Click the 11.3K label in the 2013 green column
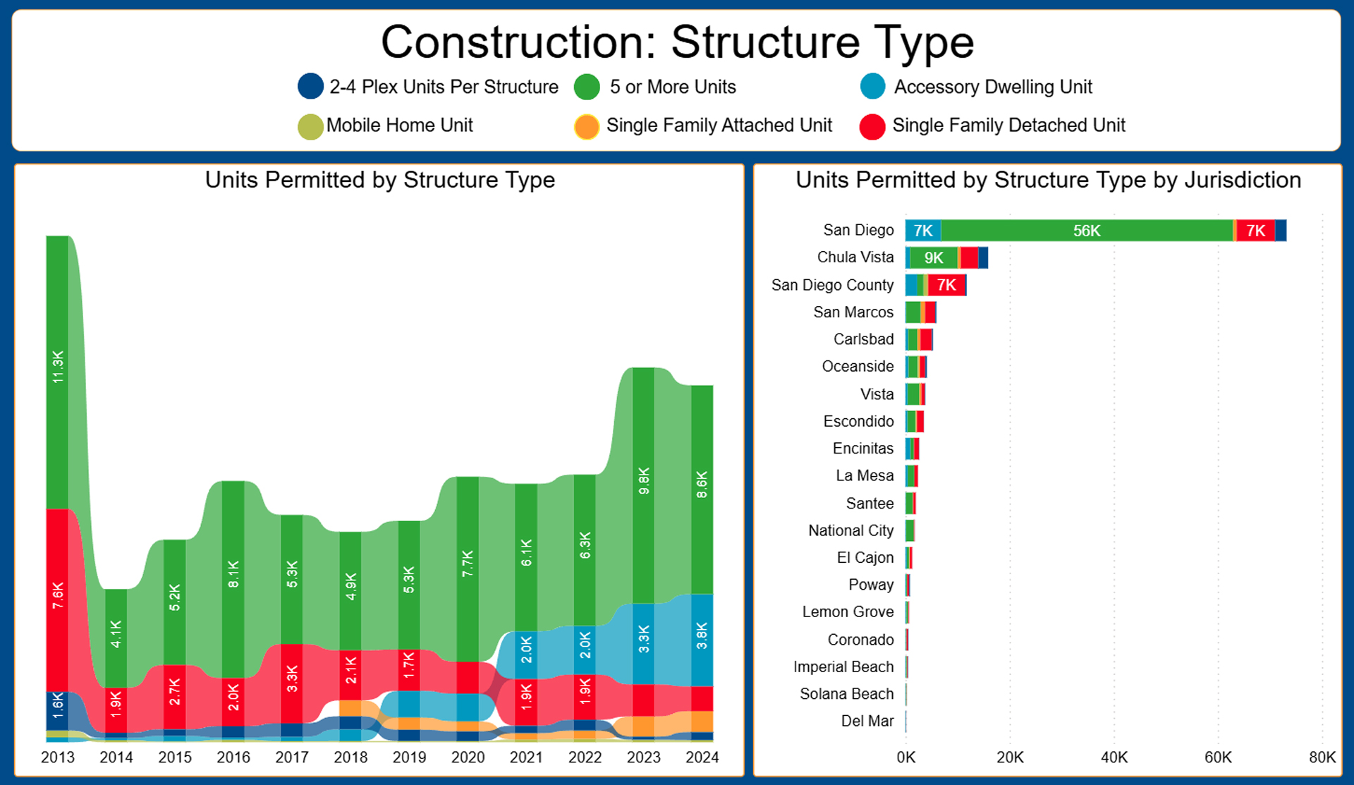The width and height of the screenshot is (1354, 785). pos(58,367)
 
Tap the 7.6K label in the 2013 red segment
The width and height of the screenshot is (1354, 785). pos(58,596)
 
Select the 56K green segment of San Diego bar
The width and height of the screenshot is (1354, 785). pos(1086,231)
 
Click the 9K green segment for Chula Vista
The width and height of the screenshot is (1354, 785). pos(934,258)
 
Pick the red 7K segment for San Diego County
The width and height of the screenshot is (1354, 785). pos(946,285)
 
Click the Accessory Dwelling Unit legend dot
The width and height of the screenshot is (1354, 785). pos(872,87)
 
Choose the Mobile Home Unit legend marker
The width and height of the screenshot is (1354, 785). pos(310,126)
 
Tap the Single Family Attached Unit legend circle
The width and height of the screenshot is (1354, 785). pos(587,126)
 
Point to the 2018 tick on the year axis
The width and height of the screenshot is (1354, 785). pos(350,757)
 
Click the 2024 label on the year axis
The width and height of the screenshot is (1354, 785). pos(702,757)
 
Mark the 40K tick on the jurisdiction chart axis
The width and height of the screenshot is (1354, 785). pos(1114,757)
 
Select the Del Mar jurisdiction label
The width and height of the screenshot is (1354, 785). pos(867,721)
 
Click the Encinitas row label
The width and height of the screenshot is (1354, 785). pos(863,449)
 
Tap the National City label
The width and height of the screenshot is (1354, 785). pos(851,530)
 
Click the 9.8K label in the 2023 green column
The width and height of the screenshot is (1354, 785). pos(644,480)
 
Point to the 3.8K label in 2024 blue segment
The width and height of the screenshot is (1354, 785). pos(702,635)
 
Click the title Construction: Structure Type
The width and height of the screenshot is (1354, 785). pos(677,42)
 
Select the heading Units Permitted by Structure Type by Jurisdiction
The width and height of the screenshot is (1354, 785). pos(1048,181)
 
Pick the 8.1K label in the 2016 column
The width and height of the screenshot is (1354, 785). pos(233,574)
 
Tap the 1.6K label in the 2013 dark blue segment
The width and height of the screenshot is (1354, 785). pos(58,705)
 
